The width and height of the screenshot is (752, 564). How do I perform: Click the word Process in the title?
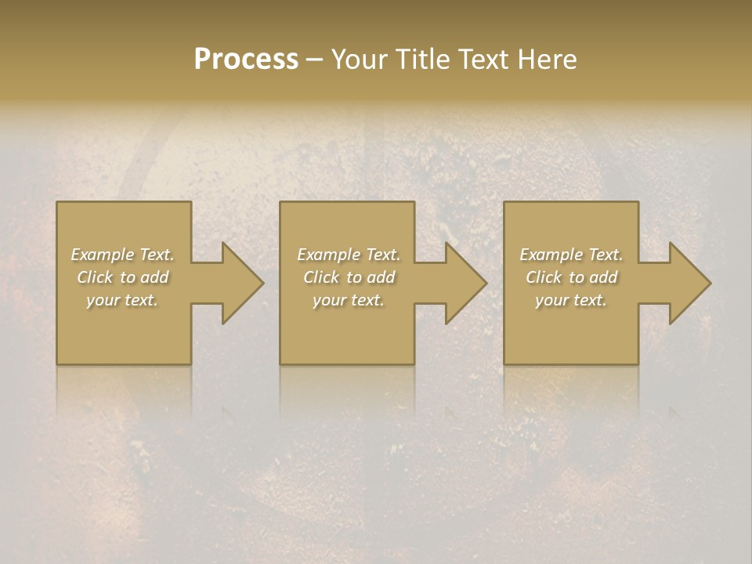[x=246, y=59]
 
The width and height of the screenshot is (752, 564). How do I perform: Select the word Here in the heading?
[x=547, y=59]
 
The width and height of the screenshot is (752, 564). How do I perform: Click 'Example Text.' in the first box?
[x=122, y=255]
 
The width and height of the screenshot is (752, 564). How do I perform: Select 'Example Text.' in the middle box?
[x=349, y=255]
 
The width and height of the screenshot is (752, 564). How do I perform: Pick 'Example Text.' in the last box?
[x=571, y=255]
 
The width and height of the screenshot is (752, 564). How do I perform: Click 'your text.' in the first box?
[x=122, y=300]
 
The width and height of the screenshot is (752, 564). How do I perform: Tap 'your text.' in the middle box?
[x=349, y=300]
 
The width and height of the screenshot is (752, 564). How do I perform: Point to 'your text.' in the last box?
[x=571, y=300]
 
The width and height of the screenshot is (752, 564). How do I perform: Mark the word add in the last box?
[x=603, y=277]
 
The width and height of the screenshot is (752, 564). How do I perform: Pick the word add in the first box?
[x=154, y=277]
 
